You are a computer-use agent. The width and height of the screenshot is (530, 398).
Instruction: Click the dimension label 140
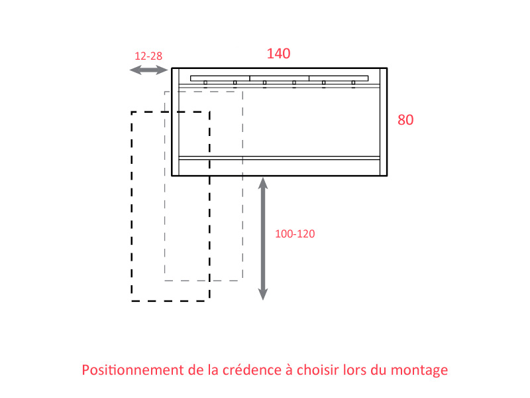click(278, 54)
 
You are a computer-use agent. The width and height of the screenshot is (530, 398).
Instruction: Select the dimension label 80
click(405, 120)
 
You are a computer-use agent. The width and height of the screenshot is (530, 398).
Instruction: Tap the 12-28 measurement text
click(148, 56)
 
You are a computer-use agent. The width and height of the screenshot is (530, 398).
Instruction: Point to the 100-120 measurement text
click(295, 233)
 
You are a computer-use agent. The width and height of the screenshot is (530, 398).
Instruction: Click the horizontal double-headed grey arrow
click(148, 70)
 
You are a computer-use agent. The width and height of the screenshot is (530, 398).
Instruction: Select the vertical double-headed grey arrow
click(263, 239)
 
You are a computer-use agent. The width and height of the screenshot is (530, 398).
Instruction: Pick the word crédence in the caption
click(252, 369)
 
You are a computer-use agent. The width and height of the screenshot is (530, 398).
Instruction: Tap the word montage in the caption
click(419, 371)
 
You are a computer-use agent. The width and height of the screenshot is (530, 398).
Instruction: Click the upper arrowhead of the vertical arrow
click(263, 183)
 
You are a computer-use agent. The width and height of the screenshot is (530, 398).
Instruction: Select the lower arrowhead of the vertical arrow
click(263, 295)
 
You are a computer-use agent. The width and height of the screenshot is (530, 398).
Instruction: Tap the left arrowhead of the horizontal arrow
click(135, 70)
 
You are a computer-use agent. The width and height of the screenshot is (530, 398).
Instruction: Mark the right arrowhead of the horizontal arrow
click(162, 70)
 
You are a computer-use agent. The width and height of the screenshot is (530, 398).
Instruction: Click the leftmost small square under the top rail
click(205, 82)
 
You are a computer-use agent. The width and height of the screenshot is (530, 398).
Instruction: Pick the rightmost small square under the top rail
click(353, 82)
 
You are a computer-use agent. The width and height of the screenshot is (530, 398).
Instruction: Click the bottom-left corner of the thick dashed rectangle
click(131, 301)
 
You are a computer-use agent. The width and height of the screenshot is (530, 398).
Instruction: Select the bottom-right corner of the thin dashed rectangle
click(242, 281)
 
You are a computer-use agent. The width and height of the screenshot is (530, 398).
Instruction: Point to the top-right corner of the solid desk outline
click(387, 68)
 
